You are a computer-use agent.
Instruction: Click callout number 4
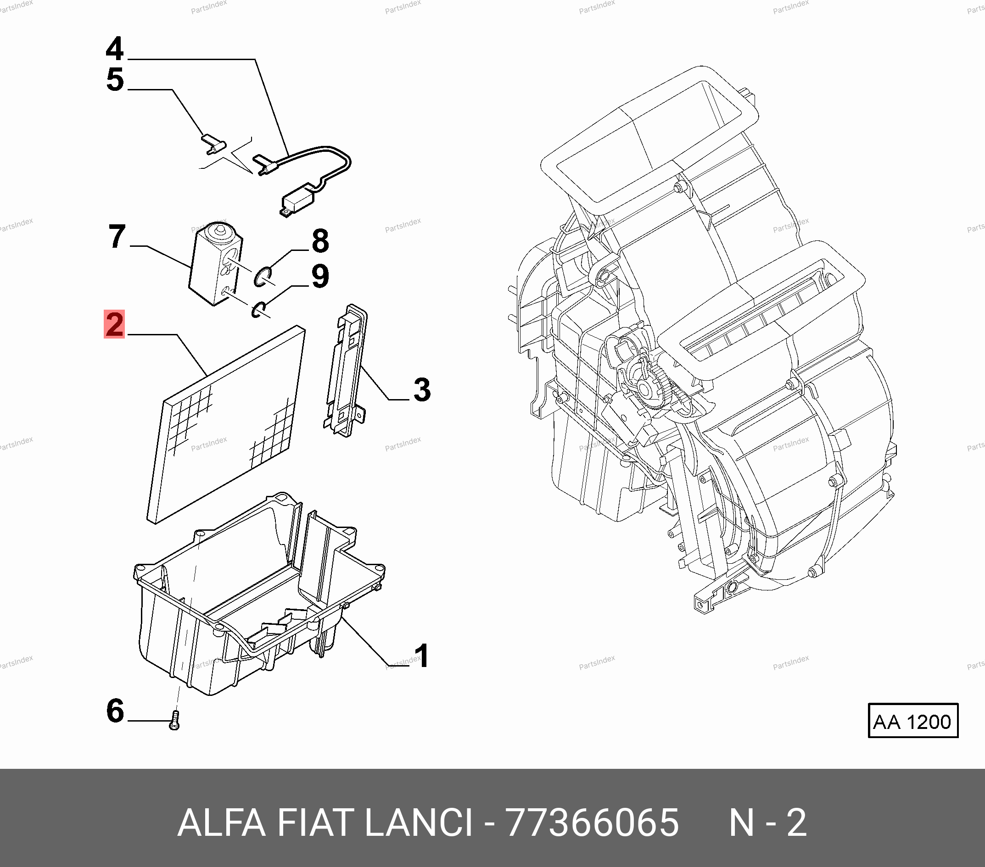115,49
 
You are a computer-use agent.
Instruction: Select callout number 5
115,79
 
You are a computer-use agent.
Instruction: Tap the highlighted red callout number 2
114,324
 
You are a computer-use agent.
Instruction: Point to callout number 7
117,237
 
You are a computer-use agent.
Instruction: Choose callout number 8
320,241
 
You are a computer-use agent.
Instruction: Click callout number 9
320,277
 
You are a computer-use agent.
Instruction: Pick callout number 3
422,389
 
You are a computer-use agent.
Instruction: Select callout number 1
422,656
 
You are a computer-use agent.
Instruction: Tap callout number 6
115,711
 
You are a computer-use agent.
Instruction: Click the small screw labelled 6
174,721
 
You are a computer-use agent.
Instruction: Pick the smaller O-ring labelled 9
258,310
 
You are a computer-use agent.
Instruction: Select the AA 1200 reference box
913,721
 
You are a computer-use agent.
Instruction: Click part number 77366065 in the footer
592,823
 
